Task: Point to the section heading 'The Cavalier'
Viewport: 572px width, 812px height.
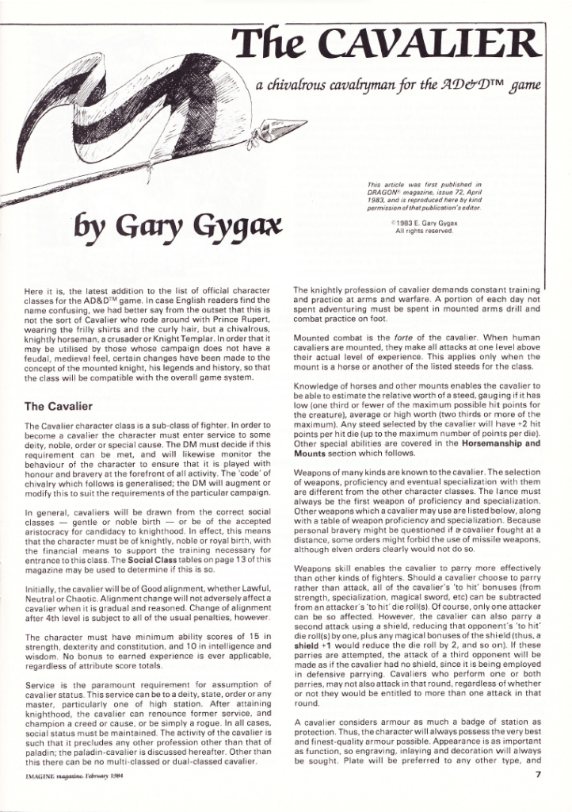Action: click(x=59, y=406)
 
